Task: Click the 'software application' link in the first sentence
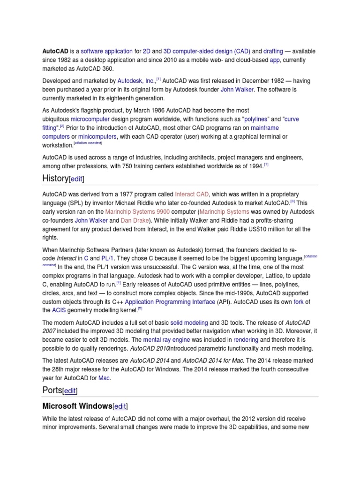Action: [x=107, y=51]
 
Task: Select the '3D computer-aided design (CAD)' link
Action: [x=206, y=51]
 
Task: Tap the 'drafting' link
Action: [x=273, y=51]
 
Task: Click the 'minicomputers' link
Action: [x=97, y=136]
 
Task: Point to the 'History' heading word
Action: [x=55, y=179]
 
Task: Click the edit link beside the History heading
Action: [x=77, y=179]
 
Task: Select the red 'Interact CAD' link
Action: [x=191, y=194]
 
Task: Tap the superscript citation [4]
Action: [x=119, y=283]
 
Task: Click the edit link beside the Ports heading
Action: [x=70, y=390]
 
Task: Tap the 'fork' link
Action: [x=298, y=302]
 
